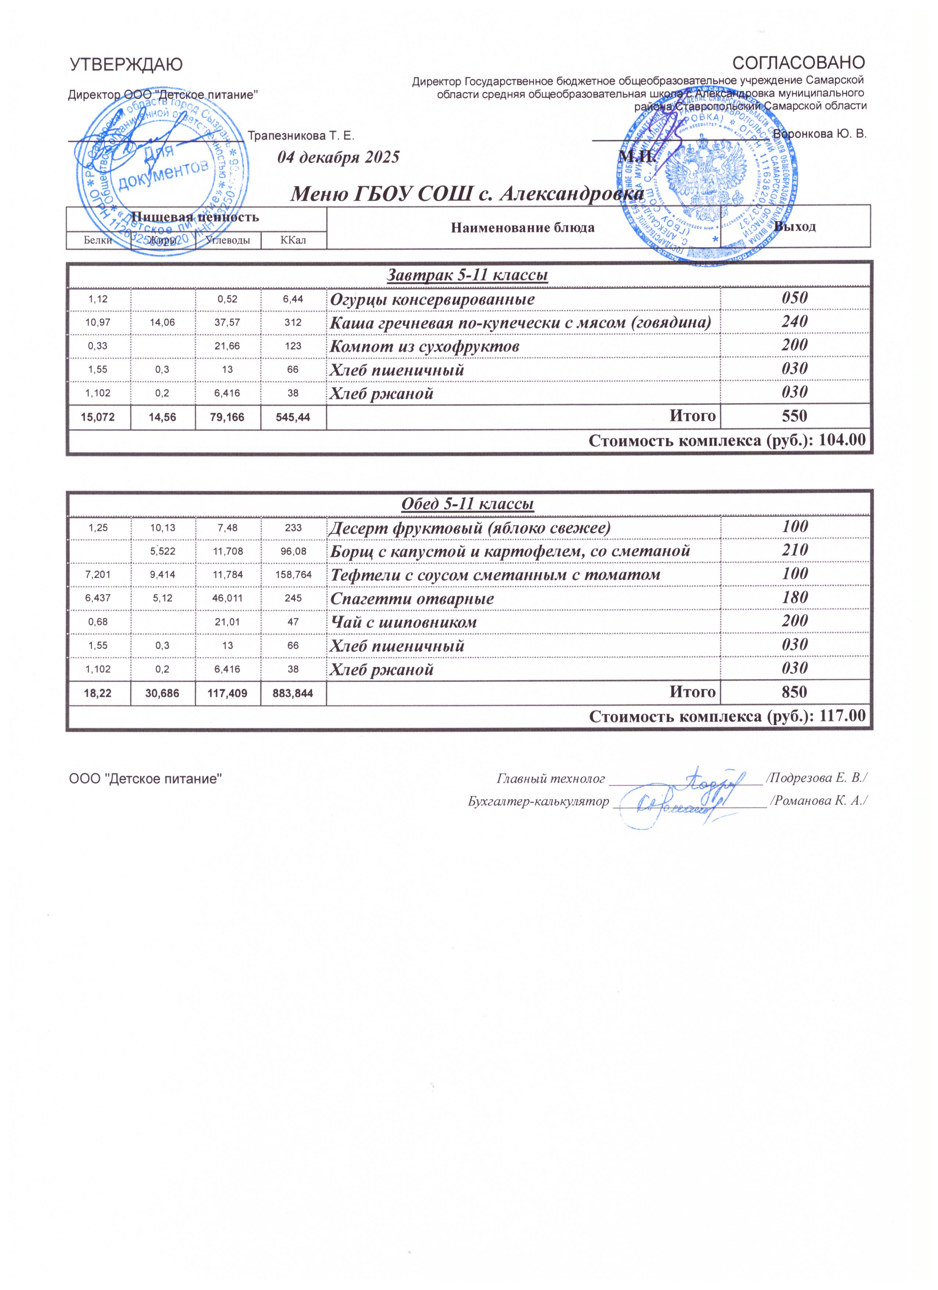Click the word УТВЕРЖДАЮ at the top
coord(126,65)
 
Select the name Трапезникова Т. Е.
coord(301,136)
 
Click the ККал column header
coord(293,241)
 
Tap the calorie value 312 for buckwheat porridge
coord(293,323)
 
